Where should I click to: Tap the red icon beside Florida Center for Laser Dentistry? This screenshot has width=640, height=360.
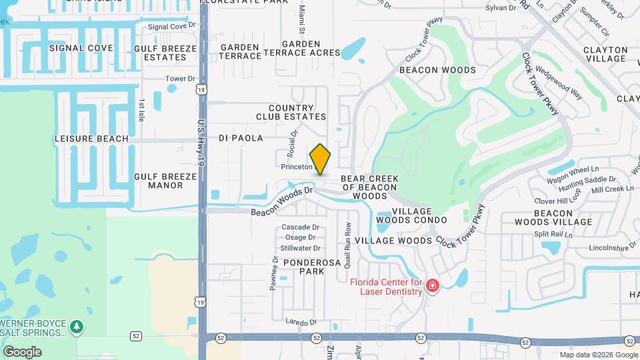[x=433, y=286]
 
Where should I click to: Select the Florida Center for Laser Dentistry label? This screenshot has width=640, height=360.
[x=387, y=286]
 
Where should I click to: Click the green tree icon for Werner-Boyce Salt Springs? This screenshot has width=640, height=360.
[x=78, y=327]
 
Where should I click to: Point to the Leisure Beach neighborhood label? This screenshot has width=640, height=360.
[x=91, y=139]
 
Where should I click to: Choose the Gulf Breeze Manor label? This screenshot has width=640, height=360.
[x=165, y=181]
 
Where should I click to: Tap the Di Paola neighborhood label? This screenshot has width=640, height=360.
[x=241, y=138]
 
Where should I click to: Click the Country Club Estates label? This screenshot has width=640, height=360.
[x=291, y=112]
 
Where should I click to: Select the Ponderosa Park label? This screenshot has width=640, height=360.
[x=312, y=267]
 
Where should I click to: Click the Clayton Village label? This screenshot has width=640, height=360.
[x=605, y=54]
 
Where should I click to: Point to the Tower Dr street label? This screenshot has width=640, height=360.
[x=179, y=79]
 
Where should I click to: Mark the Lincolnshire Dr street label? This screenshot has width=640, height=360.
[x=613, y=248]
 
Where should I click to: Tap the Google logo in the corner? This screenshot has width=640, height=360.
[x=22, y=351]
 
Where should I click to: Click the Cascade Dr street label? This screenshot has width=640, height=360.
[x=301, y=227]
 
